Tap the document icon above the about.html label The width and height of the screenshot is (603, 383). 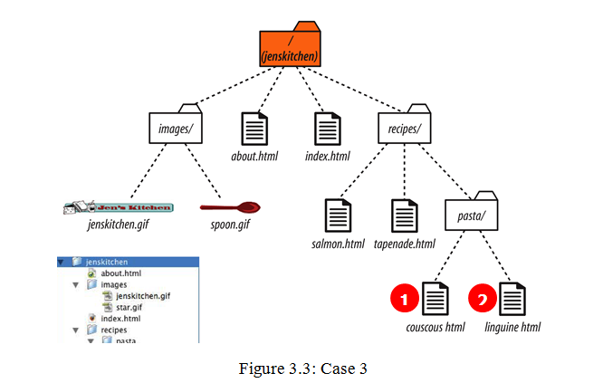point(254,129)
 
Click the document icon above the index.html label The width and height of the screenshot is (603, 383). point(327,129)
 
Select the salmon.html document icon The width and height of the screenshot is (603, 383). point(337,215)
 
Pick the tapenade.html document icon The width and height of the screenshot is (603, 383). point(404,215)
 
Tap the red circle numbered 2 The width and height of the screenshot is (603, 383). point(482,298)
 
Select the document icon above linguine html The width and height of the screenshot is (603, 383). point(512,298)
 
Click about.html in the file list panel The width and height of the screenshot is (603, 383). point(120,273)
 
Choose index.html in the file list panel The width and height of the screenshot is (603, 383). point(120,319)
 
